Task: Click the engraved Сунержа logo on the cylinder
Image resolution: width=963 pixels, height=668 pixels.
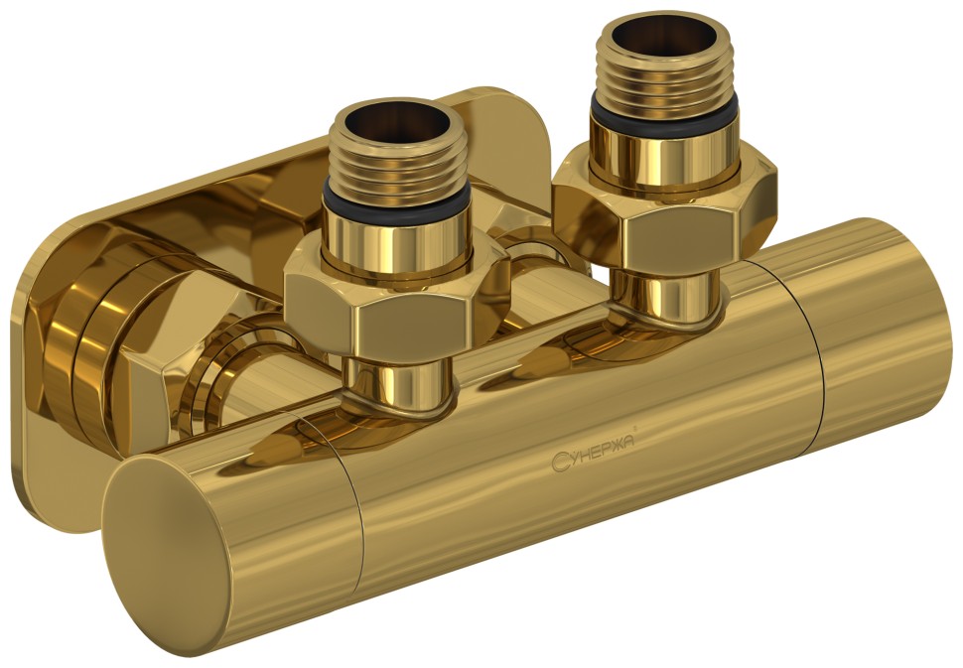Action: tap(593, 457)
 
